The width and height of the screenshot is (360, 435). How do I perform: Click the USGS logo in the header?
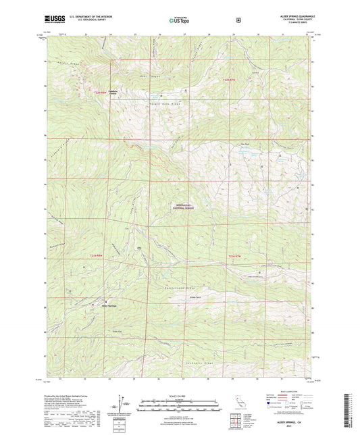pyautogui.click(x=53, y=20)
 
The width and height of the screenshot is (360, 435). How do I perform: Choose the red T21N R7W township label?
pyautogui.click(x=234, y=255)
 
